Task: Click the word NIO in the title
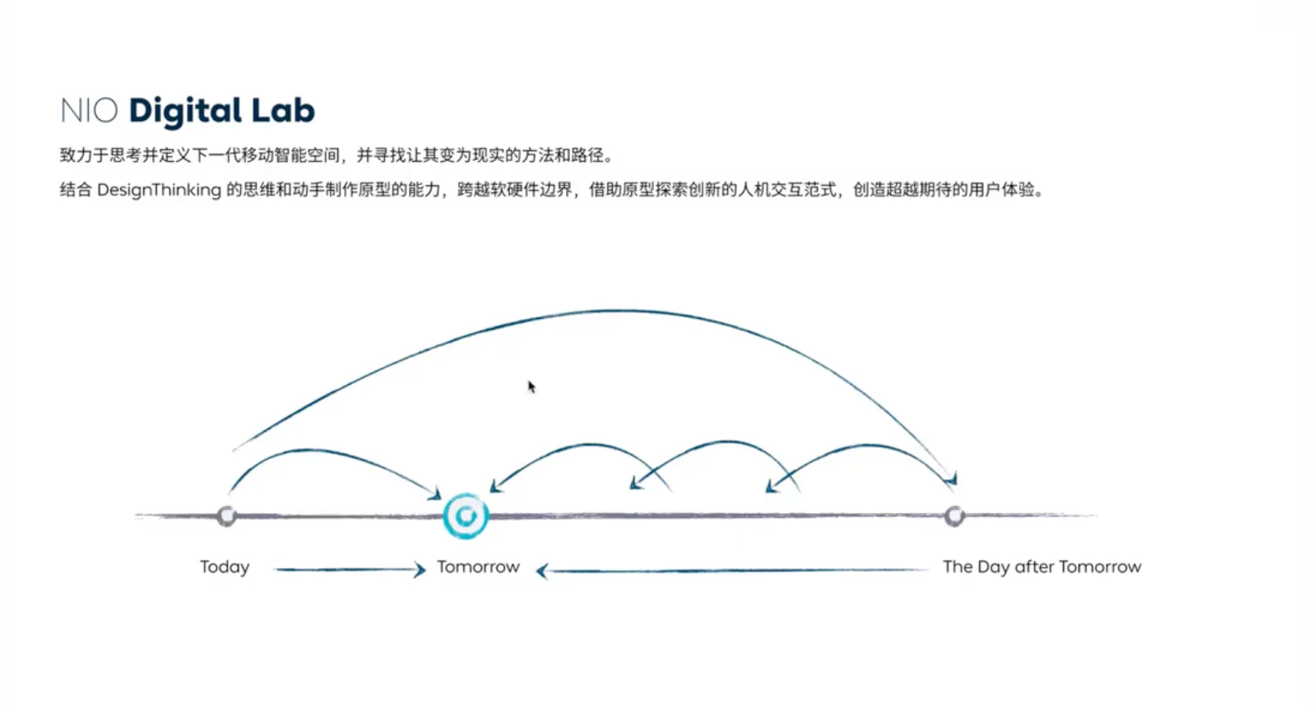pos(89,111)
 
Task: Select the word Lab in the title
pos(283,111)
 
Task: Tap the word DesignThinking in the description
pos(159,190)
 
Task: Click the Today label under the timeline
pos(225,566)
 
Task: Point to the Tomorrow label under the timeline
pos(478,566)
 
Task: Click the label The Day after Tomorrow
pos(1042,566)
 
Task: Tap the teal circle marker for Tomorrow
pos(466,516)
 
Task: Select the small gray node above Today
pos(226,515)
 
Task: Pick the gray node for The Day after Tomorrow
pos(954,515)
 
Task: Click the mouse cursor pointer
pos(531,386)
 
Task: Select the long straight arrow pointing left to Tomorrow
pos(732,570)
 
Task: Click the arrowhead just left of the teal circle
pos(434,494)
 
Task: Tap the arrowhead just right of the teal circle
pos(495,487)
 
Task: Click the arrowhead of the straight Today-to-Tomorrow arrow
pos(420,569)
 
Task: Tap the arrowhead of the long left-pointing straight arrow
pos(542,571)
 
